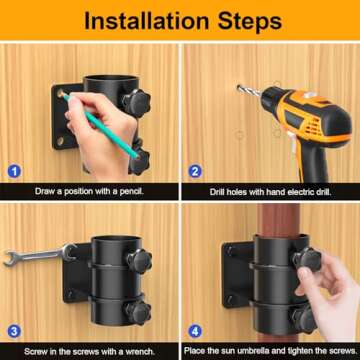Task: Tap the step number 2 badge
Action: [x=194, y=171]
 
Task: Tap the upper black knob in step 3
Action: [x=133, y=257]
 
